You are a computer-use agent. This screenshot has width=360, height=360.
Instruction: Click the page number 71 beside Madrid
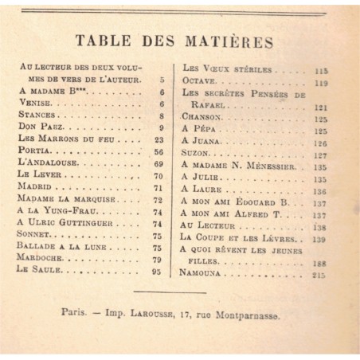(158, 187)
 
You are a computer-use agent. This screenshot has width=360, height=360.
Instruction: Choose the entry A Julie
(199, 179)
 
